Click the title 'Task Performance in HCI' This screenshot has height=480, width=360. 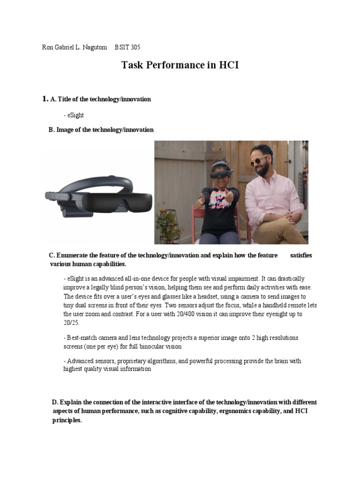pos(180,65)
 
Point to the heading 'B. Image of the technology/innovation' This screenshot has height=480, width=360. pos(101,130)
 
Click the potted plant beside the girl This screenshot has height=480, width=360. pos(170,224)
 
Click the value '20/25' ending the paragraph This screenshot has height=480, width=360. pos(72,323)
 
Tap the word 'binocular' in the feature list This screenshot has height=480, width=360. pos(149,346)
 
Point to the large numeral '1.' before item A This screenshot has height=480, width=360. pos(45,99)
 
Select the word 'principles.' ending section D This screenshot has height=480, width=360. pos(67,420)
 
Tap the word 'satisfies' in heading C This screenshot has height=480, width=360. pos(301,255)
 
